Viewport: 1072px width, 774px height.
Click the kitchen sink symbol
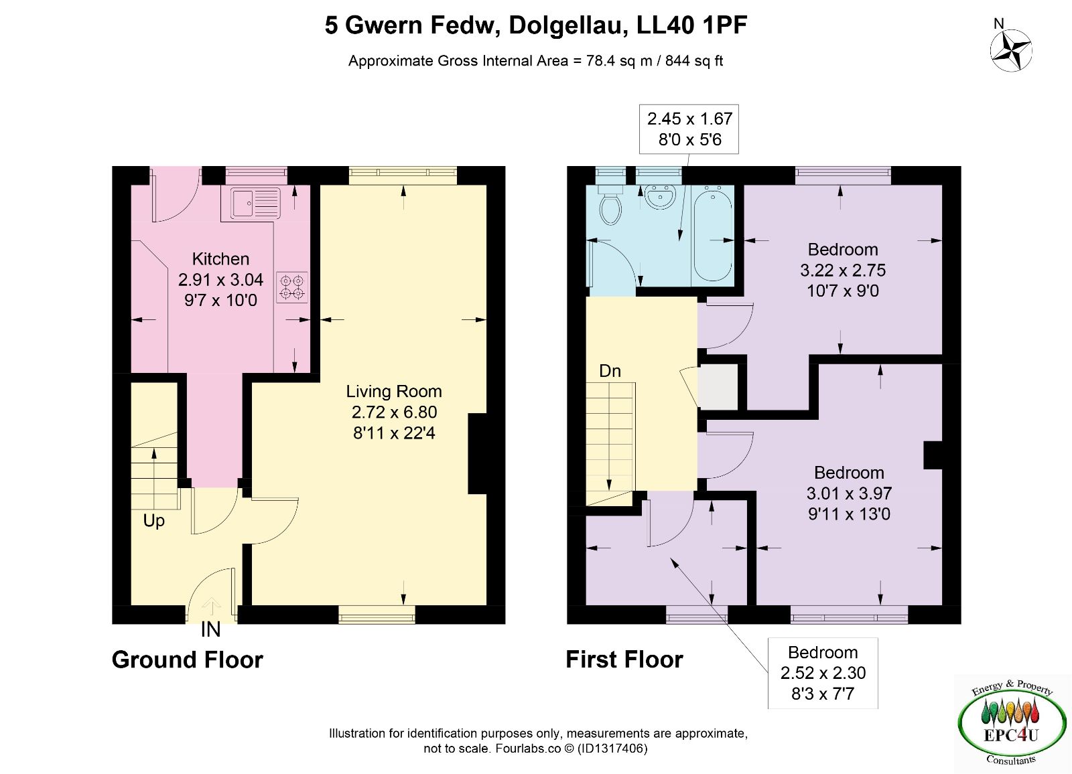(x=255, y=204)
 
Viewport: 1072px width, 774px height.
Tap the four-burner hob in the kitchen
(x=292, y=287)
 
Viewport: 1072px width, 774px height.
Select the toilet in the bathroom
(x=610, y=205)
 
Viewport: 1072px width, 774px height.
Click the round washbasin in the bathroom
(x=661, y=197)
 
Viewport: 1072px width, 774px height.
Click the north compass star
(x=1011, y=50)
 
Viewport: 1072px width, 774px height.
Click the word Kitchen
(x=220, y=259)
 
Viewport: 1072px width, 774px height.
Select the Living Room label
(x=394, y=391)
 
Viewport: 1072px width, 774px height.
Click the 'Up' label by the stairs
(x=153, y=521)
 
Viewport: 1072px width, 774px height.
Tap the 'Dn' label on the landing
(x=610, y=371)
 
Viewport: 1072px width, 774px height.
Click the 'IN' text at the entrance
(x=210, y=629)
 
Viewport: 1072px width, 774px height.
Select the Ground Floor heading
(x=188, y=660)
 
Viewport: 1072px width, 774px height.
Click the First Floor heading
(x=624, y=660)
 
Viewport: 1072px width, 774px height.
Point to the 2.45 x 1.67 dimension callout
(x=689, y=129)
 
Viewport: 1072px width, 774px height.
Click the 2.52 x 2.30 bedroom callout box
(x=823, y=673)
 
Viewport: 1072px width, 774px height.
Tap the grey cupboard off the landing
(x=718, y=387)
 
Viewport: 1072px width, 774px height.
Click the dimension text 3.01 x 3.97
(x=849, y=493)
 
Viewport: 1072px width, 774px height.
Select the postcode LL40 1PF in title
(x=692, y=25)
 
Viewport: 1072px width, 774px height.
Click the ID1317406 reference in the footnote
(x=612, y=748)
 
